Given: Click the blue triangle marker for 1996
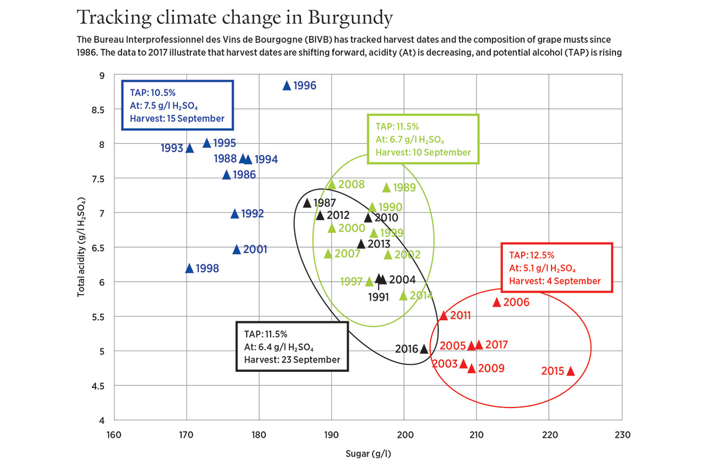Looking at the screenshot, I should point(287,85).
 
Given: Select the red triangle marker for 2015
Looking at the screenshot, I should point(570,371).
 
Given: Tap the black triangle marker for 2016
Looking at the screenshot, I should point(424,349).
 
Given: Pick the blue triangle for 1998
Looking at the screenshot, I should point(190,268).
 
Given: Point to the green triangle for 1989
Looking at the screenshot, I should point(387,187).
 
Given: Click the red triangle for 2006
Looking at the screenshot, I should point(496,302).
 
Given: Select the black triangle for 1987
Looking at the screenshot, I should point(307,203).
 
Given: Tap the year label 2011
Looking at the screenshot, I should point(460,315).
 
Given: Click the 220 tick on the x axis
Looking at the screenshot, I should point(549,435).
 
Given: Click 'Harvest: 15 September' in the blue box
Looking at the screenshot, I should point(177,119).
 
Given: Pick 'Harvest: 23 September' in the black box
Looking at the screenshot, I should point(292,360).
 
